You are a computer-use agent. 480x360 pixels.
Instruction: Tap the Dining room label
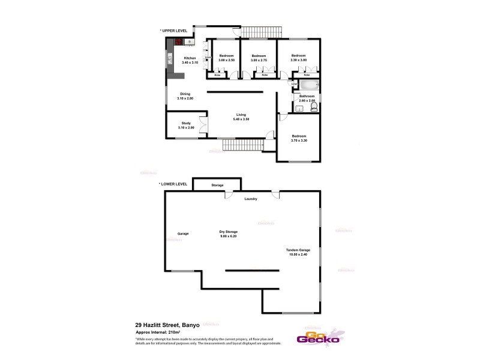pyautogui.click(x=185, y=94)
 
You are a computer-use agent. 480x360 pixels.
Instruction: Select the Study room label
pyautogui.click(x=185, y=124)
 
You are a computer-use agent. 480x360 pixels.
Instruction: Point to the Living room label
pyautogui.click(x=241, y=115)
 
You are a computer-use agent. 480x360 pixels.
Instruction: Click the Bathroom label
pyautogui.click(x=307, y=96)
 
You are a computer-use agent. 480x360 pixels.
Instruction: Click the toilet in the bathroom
pyautogui.click(x=314, y=107)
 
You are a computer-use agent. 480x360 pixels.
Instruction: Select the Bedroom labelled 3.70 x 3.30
pyautogui.click(x=299, y=136)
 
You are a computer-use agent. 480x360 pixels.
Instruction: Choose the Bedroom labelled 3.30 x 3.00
pyautogui.click(x=298, y=56)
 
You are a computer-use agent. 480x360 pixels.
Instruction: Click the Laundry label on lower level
pyautogui.click(x=250, y=199)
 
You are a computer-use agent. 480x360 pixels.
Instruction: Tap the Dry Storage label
pyautogui.click(x=229, y=232)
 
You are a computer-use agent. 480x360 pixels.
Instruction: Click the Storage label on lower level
pyautogui.click(x=217, y=185)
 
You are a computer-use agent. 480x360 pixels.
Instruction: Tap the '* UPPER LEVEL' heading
pyautogui.click(x=173, y=30)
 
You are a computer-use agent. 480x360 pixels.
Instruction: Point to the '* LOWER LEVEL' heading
pyautogui.click(x=173, y=184)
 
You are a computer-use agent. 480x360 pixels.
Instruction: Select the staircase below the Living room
pyautogui.click(x=243, y=145)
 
